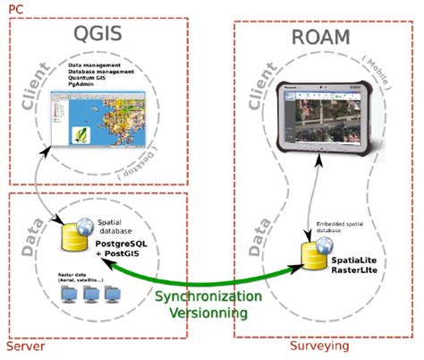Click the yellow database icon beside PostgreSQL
(x=68, y=236)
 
